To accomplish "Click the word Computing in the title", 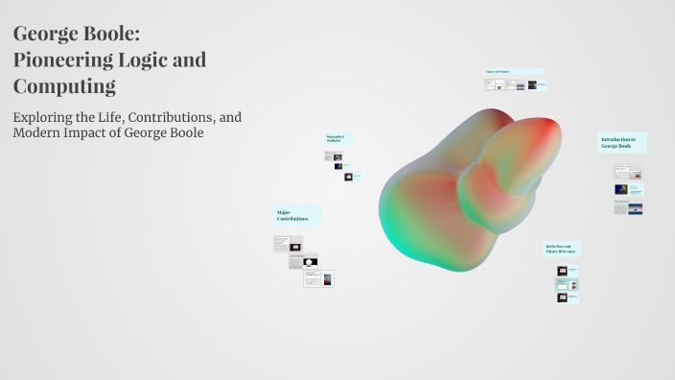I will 64,86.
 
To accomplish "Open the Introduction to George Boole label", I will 621,142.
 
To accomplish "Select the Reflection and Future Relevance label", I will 562,249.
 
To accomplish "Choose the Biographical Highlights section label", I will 338,138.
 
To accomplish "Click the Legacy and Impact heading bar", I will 513,71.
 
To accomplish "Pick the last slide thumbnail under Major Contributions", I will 319,279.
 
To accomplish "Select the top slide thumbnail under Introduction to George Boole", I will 629,174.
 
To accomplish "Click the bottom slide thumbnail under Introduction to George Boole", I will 629,208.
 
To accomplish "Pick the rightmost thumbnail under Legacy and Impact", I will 538,84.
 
